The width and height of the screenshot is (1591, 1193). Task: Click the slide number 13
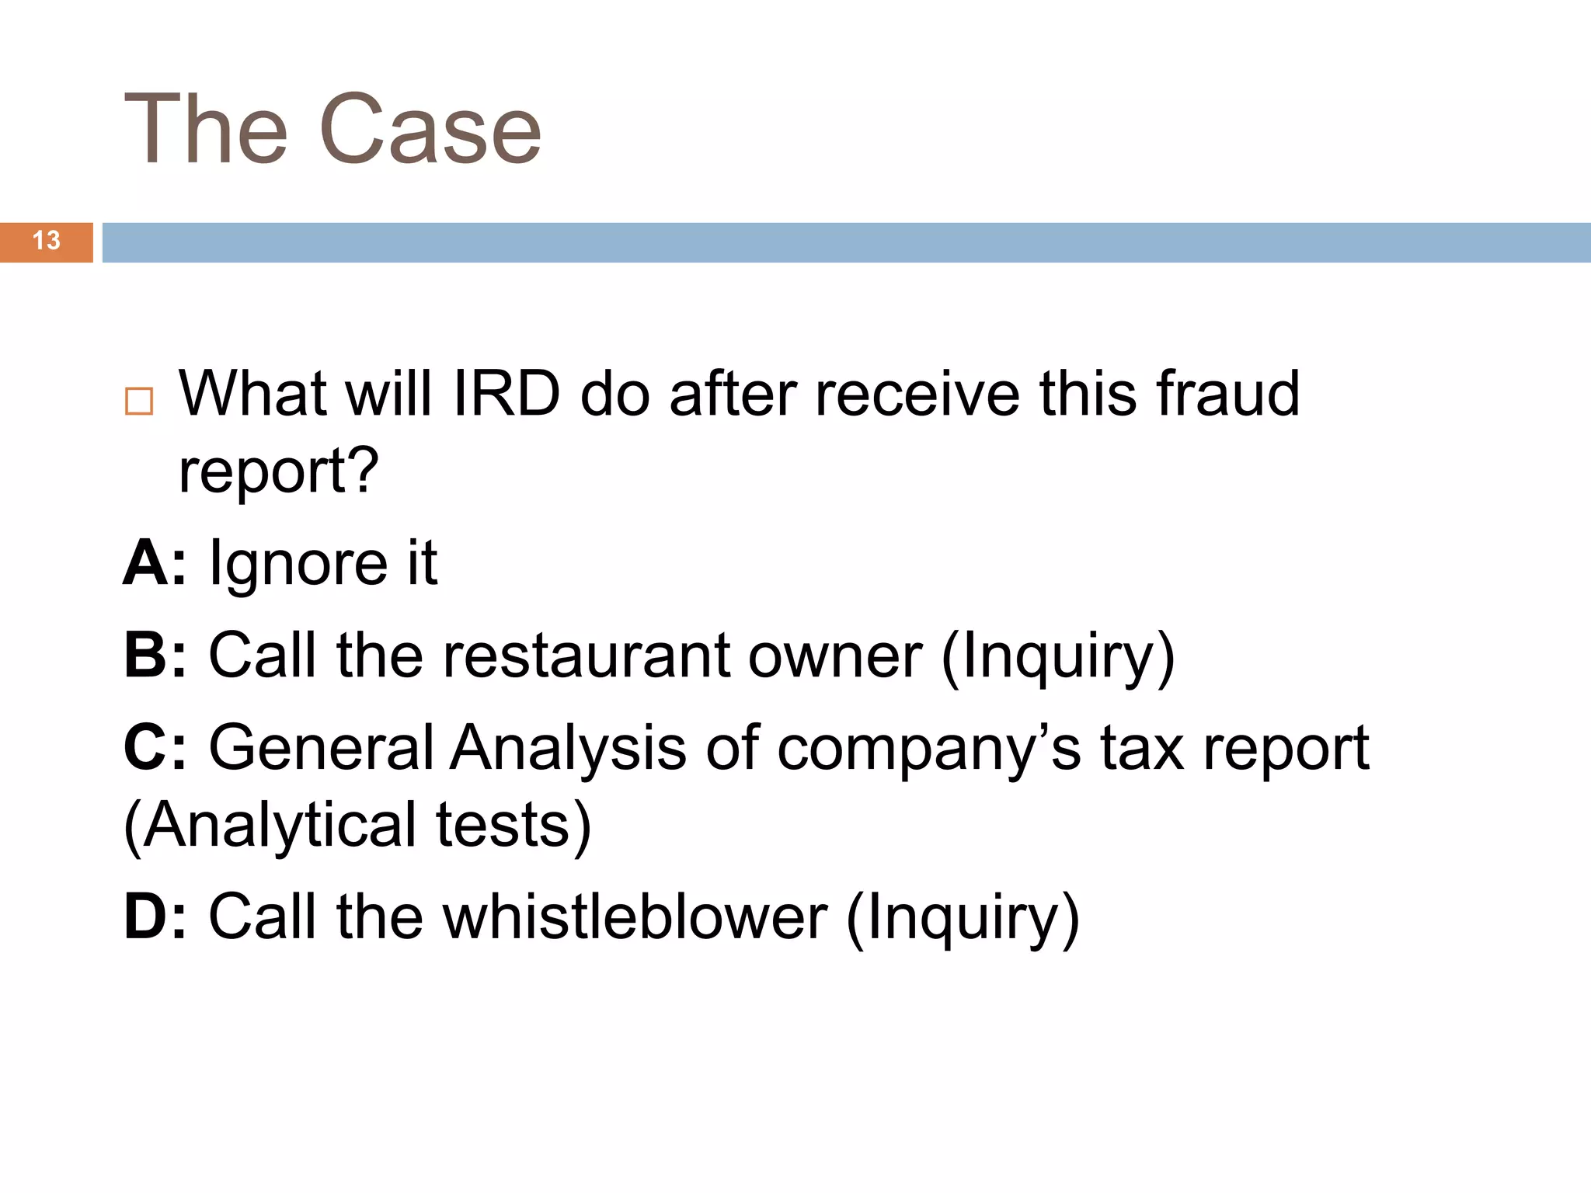coord(47,241)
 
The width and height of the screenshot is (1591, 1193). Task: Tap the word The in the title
coord(206,130)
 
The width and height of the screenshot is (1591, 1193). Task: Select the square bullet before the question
coord(139,401)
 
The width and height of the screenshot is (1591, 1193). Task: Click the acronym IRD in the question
coord(506,394)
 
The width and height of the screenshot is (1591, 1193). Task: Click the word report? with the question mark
coord(278,471)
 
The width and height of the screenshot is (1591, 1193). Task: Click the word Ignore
coord(298,564)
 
